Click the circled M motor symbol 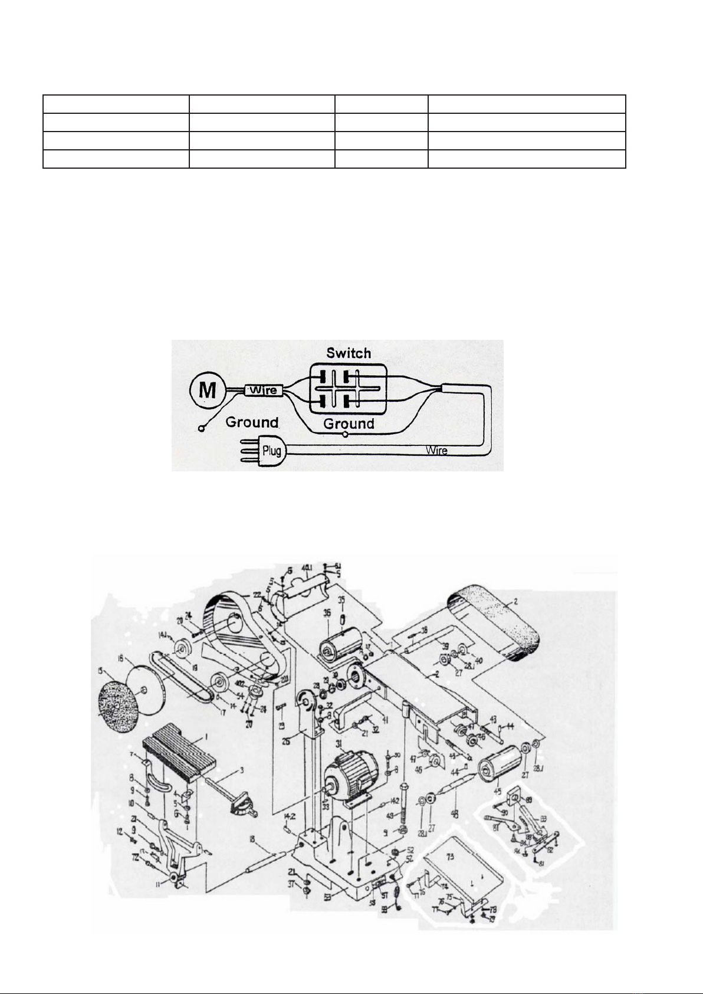(208, 390)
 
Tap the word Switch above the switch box (349, 353)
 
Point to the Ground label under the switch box (349, 424)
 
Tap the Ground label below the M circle (252, 422)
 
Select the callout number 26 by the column (286, 742)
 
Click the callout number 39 (445, 645)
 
